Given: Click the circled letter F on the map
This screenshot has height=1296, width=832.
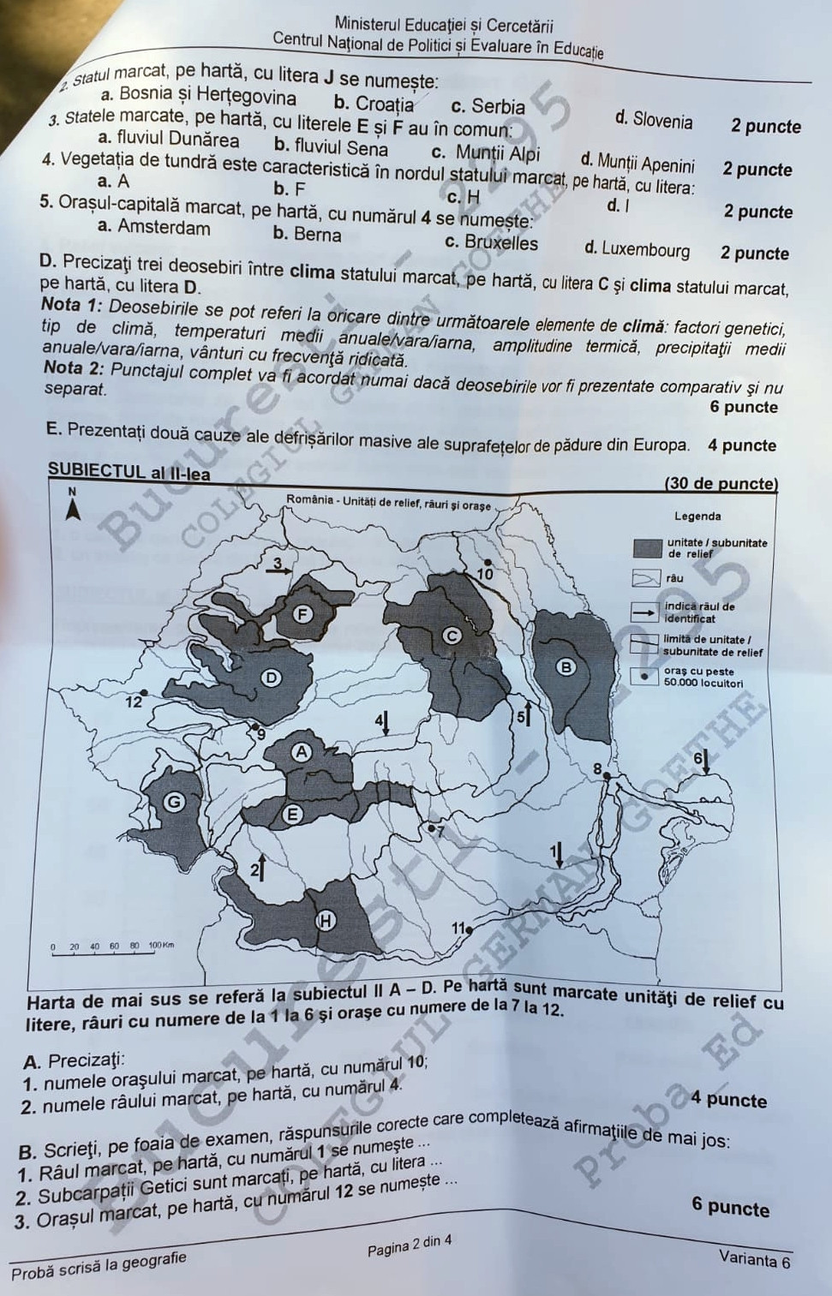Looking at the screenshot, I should point(301,613).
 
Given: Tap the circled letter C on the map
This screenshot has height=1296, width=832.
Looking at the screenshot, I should point(452,636).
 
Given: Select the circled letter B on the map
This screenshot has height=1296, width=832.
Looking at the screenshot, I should point(566,666).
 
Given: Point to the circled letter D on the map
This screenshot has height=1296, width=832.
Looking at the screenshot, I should point(271,678).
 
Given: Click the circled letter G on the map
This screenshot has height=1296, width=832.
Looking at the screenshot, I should point(174,802).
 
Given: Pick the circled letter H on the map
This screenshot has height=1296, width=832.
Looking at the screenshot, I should point(326,921).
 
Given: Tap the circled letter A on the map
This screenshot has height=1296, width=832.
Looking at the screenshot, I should point(301,751).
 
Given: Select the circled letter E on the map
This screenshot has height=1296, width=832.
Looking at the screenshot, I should point(293,814).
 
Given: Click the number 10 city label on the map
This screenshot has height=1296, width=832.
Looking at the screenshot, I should point(486,573).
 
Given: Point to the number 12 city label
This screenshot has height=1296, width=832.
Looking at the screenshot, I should point(134,702).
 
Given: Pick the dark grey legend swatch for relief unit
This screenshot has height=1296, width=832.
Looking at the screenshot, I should point(647,548).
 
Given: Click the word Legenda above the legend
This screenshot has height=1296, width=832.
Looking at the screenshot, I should point(697,517).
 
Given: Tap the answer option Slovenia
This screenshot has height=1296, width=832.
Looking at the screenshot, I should point(662,121).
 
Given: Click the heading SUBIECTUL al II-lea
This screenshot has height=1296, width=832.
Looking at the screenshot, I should point(129,472).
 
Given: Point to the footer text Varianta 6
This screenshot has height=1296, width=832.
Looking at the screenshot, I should point(754,1260).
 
